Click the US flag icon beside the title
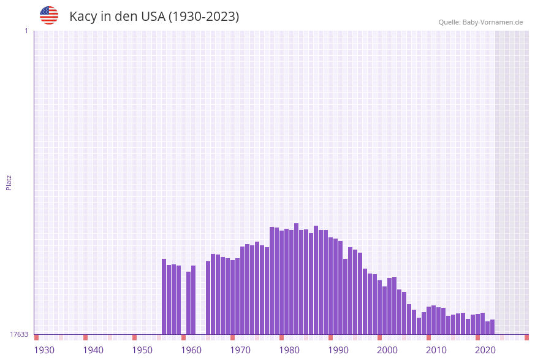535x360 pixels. tap(49, 15)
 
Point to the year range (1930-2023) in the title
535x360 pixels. tap(203, 17)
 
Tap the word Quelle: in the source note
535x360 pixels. tap(449, 22)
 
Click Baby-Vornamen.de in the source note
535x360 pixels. tap(493, 22)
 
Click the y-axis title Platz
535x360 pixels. tap(9, 182)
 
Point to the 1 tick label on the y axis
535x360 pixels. tap(26, 31)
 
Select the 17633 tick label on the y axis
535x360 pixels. tap(19, 334)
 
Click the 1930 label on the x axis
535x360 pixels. tap(44, 350)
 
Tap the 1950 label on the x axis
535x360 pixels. tap(142, 350)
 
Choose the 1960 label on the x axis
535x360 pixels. tap(191, 350)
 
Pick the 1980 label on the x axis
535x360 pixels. tap(289, 350)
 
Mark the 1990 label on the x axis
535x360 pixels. tap(338, 350)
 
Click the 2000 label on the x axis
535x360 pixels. tap(387, 350)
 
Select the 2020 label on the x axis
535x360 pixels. tap(485, 350)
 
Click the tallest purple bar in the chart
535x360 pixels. tap(297, 279)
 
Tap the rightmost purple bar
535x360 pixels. tap(492, 327)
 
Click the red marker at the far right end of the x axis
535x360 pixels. tap(526, 337)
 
